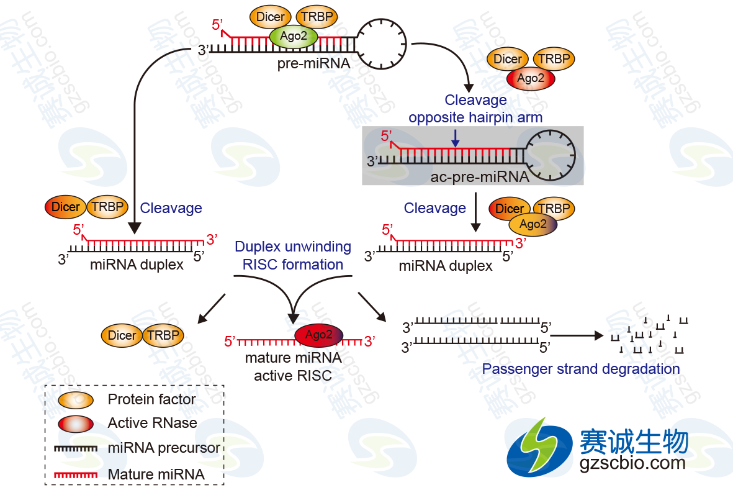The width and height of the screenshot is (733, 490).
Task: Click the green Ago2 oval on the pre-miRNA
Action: point(294,37)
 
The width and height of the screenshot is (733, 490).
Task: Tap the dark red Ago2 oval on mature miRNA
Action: point(318,335)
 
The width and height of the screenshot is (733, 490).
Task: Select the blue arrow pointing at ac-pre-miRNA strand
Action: point(456,137)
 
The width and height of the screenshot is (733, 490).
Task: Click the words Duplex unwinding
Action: point(293,247)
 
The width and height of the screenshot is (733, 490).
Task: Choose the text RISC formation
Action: point(293,264)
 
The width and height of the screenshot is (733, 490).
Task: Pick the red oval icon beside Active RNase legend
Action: point(76,424)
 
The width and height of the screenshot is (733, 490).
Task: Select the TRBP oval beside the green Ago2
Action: point(317,17)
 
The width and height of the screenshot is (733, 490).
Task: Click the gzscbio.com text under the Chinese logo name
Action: point(632,463)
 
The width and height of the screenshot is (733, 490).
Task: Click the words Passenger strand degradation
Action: point(581,369)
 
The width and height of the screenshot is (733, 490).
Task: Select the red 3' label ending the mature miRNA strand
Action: point(369,341)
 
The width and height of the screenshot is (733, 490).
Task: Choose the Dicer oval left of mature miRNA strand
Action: point(122,335)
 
